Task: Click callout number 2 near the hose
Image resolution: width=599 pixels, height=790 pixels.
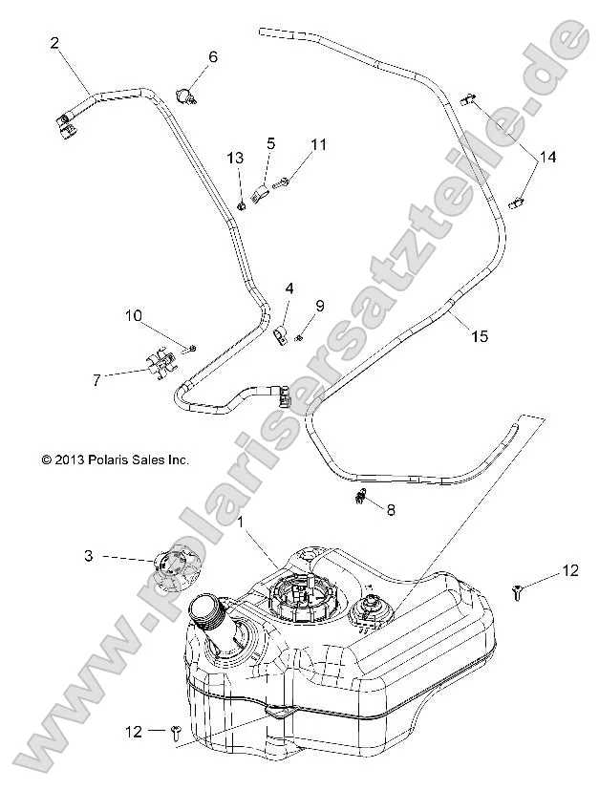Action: (54, 42)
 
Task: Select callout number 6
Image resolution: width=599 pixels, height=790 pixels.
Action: (212, 57)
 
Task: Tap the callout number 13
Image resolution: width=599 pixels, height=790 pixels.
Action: (235, 158)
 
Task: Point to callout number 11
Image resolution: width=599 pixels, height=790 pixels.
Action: (318, 144)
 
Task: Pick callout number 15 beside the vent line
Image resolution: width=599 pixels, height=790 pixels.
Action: (479, 335)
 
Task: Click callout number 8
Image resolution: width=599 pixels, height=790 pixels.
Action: (390, 510)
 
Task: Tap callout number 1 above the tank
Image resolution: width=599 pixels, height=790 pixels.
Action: (241, 523)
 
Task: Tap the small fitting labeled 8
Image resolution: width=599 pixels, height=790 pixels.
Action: (361, 496)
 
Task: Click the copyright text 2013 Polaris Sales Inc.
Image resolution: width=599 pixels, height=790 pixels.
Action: (115, 459)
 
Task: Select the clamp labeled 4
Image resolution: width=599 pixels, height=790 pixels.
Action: (281, 336)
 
